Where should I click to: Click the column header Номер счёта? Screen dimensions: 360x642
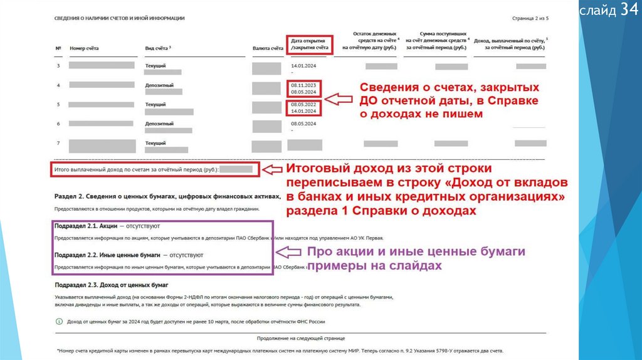(84, 48)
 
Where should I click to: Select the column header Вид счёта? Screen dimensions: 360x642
(158, 48)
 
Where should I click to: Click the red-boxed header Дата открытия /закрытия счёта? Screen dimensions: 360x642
(310, 44)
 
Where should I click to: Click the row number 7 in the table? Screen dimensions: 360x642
(58, 143)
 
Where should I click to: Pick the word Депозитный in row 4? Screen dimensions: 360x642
(159, 85)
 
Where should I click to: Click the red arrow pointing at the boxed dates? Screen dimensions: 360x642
(340, 98)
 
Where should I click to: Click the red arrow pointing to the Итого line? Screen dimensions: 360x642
(271, 169)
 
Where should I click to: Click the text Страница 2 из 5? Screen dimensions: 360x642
(530, 19)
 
